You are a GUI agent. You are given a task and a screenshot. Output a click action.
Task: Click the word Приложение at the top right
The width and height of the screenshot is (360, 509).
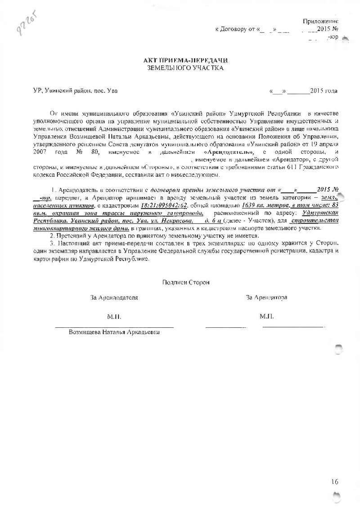[x=320, y=21]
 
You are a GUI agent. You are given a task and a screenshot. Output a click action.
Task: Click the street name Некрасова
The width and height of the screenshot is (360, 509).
[x=179, y=221]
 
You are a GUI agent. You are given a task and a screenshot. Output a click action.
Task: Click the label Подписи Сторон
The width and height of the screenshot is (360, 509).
[x=186, y=282]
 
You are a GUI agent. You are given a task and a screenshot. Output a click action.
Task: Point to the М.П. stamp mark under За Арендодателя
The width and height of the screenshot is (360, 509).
[x=114, y=317]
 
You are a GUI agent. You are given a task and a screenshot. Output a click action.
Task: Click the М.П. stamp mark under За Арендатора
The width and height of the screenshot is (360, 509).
[x=267, y=317]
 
